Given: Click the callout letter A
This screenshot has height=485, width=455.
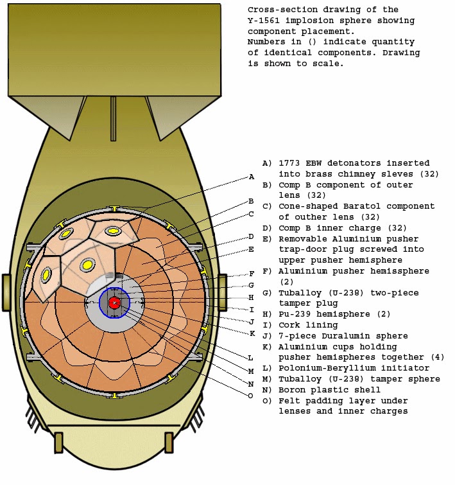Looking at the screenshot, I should tap(252, 177).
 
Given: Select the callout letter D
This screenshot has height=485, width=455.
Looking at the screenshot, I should tap(252, 236).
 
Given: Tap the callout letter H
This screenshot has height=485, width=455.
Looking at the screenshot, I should tap(252, 297).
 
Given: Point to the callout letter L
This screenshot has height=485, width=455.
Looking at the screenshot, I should tap(252, 357).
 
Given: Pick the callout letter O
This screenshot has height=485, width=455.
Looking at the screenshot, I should tap(252, 396).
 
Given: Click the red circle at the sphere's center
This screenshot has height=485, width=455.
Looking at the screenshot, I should tap(114, 303).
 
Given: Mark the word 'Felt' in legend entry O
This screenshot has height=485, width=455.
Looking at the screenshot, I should tap(289, 401).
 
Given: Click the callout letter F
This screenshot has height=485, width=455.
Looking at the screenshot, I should tap(252, 274).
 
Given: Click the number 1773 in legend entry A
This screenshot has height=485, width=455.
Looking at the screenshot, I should tap(289, 163).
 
